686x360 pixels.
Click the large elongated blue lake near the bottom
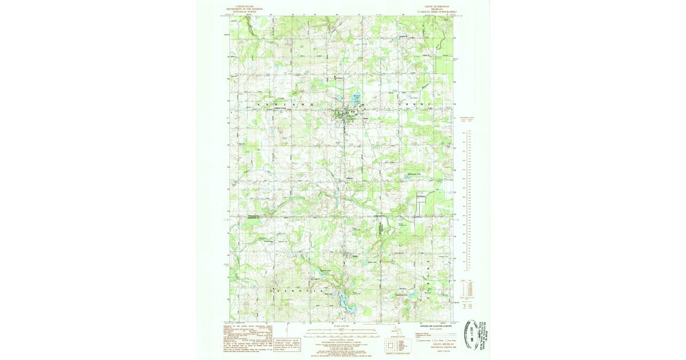(344, 301)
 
